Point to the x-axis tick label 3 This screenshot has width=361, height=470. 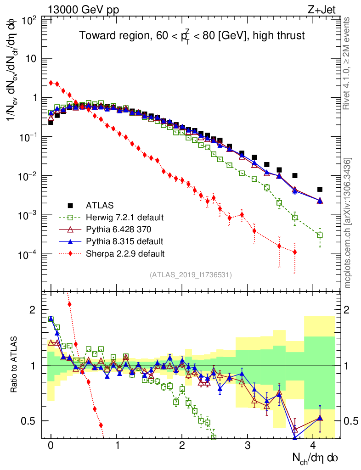248,446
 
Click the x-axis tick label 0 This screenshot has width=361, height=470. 51,446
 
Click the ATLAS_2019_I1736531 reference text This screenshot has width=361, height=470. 191,275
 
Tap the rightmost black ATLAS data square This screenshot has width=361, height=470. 320,189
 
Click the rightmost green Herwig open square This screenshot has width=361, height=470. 320,235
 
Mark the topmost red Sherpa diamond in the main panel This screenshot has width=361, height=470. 51,83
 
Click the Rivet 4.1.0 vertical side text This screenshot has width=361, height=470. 347,63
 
